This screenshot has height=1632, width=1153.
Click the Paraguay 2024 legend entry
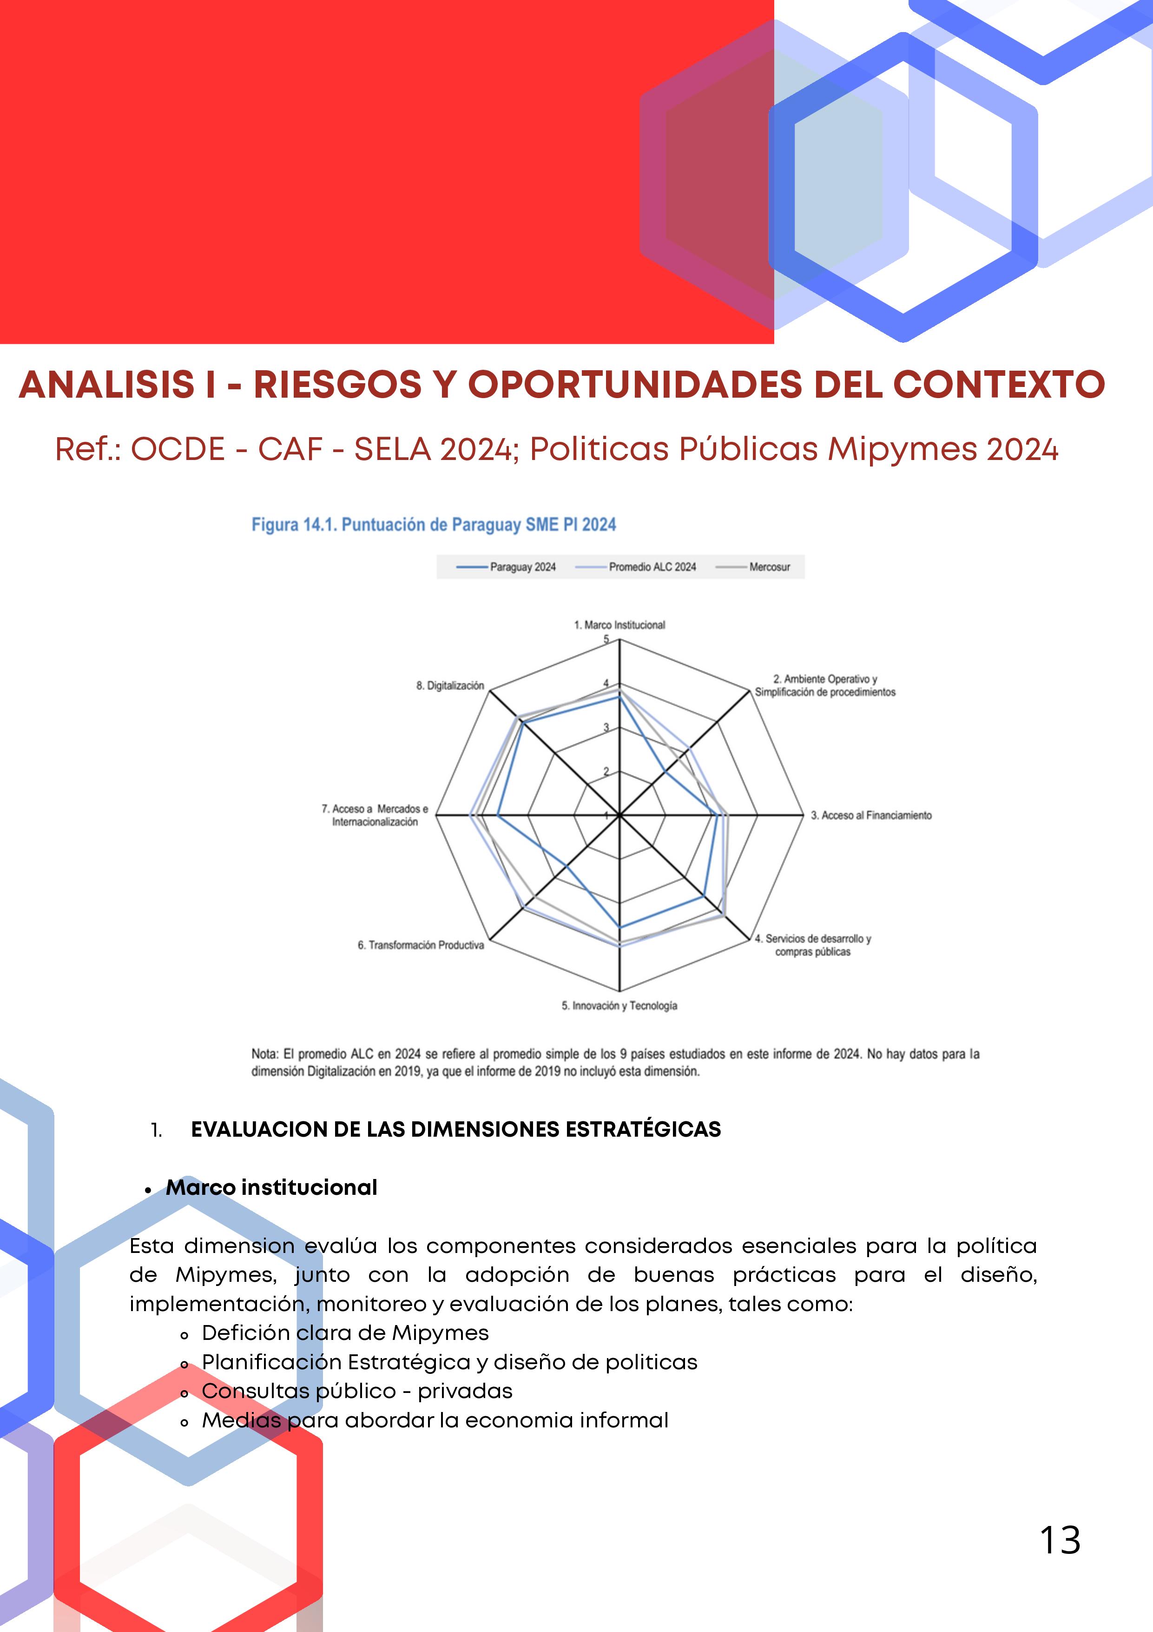tap(522, 567)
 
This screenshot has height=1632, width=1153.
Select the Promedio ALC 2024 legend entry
tap(652, 567)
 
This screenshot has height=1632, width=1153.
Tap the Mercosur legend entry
tap(769, 567)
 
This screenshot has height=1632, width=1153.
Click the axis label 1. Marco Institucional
tap(619, 626)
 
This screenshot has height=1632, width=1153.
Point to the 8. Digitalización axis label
tap(450, 686)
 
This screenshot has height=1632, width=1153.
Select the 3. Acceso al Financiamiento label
tap(871, 815)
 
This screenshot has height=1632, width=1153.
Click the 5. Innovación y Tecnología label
tap(619, 1006)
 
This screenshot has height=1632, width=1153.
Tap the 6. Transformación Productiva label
tap(421, 946)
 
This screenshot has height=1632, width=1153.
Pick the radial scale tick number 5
tap(606, 639)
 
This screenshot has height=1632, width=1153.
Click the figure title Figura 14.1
tap(433, 525)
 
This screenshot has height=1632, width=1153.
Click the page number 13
tap(1060, 1541)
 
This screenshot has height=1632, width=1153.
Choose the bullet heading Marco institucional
tap(271, 1188)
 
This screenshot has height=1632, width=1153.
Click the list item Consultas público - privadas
tap(356, 1391)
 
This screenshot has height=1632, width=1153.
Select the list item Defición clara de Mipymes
tap(345, 1333)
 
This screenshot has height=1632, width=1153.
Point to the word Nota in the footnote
tap(264, 1054)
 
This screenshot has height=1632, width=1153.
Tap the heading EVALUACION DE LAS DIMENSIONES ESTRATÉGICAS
tap(455, 1129)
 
